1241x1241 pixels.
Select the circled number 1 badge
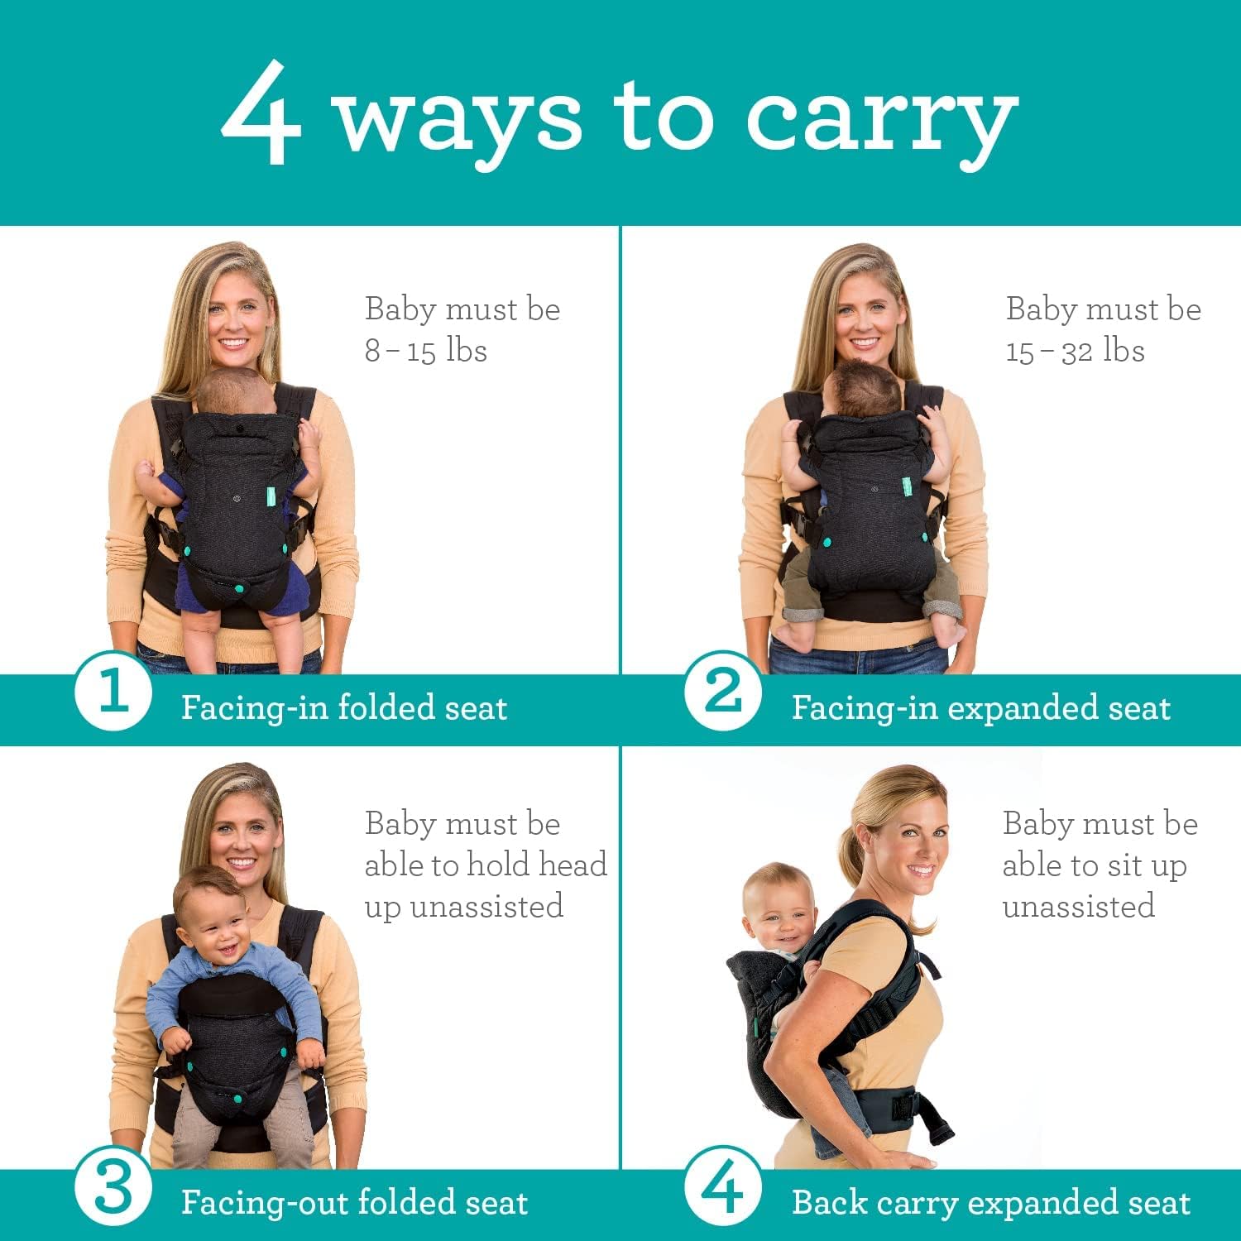113,692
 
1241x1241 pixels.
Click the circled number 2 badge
722,692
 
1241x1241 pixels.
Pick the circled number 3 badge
113,1188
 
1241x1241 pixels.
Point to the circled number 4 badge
722,1188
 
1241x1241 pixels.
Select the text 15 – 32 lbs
1075,351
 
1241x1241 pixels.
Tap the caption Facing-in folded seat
343,708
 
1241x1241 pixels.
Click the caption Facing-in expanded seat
980,708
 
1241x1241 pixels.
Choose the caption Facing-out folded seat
354,1203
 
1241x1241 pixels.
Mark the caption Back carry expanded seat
990,1203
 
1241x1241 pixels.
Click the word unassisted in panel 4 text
1078,906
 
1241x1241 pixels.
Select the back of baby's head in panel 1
235,393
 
